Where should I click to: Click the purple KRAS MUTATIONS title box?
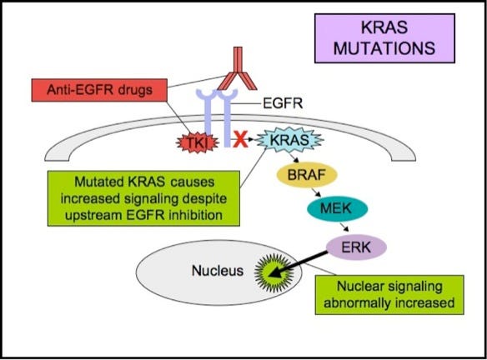(395, 38)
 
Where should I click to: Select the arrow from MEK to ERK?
(354, 228)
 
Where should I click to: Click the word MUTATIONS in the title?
(395, 47)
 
